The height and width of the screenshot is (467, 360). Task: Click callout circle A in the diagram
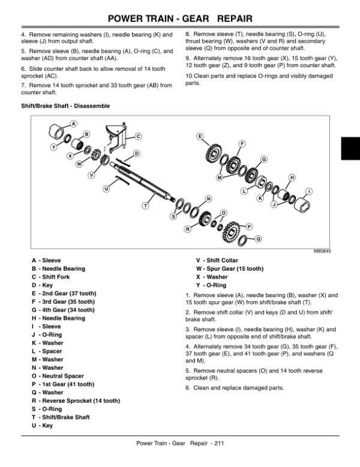point(74,124)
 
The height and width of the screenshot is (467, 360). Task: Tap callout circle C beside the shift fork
point(137,136)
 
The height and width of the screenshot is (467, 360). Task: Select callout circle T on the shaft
point(145,206)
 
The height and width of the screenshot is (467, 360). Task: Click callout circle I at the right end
point(309,191)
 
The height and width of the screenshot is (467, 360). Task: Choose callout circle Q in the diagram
point(259,239)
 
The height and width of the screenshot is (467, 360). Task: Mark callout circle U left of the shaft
point(107,188)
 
